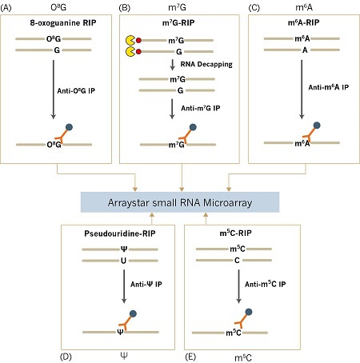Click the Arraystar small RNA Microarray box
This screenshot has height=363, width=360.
[x=180, y=202]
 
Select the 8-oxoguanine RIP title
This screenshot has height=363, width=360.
[x=63, y=22]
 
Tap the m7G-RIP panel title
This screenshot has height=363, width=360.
[x=178, y=22]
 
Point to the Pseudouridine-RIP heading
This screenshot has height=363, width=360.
[x=120, y=233]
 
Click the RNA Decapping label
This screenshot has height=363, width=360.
[x=206, y=64]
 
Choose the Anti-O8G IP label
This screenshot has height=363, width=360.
[x=76, y=91]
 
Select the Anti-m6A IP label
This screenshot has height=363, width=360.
[x=329, y=87]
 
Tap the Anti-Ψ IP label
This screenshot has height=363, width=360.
[x=146, y=285]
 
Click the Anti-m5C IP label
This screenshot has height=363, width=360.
[x=265, y=284]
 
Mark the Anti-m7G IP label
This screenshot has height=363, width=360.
[x=201, y=108]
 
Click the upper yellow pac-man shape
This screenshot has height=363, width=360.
[x=130, y=40]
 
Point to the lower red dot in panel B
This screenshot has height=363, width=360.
[x=138, y=51]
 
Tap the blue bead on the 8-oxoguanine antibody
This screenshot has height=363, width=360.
[x=69, y=127]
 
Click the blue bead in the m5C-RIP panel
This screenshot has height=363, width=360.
[x=249, y=312]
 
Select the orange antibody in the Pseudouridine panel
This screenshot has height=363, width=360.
[x=126, y=323]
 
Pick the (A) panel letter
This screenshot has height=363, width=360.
[x=6, y=8]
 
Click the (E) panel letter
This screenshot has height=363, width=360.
[x=190, y=357]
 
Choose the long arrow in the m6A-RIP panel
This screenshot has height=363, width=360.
[x=302, y=90]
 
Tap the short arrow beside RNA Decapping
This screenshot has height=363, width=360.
[x=173, y=65]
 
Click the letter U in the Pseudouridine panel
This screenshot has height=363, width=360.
[x=123, y=261]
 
